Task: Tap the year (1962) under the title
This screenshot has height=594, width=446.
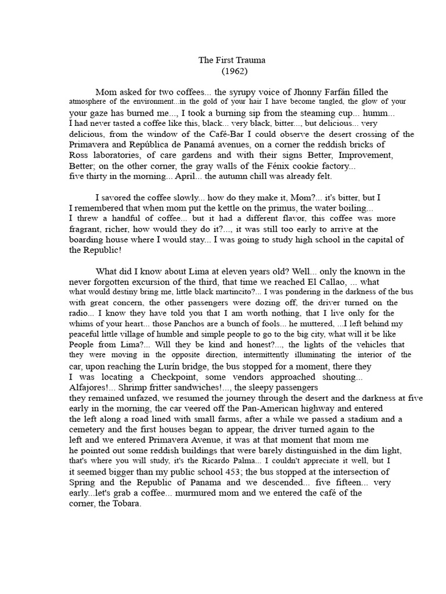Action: pyautogui.click(x=222, y=71)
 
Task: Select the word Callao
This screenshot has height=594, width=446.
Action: pyautogui.click(x=334, y=281)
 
